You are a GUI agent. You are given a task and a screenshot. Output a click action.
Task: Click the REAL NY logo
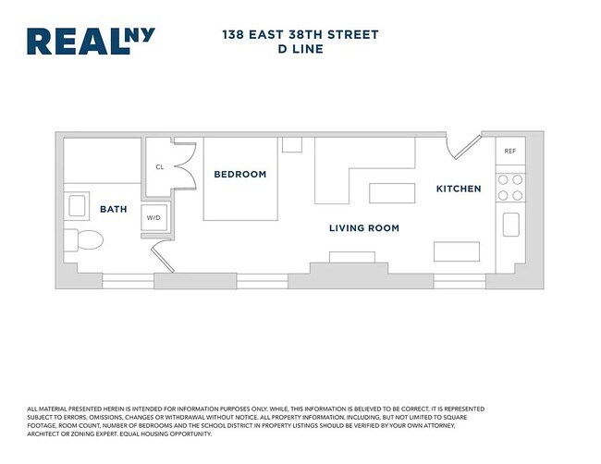click(x=91, y=42)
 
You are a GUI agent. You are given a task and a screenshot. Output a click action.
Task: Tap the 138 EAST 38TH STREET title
click(x=300, y=35)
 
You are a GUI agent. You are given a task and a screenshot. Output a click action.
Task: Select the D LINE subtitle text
click(x=300, y=50)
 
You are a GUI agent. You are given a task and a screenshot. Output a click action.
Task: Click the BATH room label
click(x=113, y=209)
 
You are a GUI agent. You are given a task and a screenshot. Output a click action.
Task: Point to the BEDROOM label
click(x=239, y=174)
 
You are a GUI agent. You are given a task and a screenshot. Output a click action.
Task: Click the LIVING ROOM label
click(x=364, y=227)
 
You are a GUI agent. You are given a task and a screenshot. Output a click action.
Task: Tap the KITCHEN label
click(x=459, y=189)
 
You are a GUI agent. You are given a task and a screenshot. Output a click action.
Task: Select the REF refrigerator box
click(x=509, y=152)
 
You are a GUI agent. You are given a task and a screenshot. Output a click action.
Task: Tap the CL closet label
click(x=159, y=167)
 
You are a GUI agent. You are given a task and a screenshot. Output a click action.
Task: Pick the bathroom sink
click(x=77, y=205)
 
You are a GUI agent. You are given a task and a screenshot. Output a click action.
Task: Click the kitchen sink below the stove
click(x=509, y=225)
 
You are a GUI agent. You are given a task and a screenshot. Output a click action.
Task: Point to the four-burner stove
click(x=509, y=188)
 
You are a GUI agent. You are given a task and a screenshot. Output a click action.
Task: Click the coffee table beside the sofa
click(x=392, y=193)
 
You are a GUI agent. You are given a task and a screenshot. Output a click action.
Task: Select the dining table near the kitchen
click(x=457, y=251)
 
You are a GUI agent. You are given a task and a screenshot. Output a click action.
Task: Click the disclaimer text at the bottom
click(x=255, y=421)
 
